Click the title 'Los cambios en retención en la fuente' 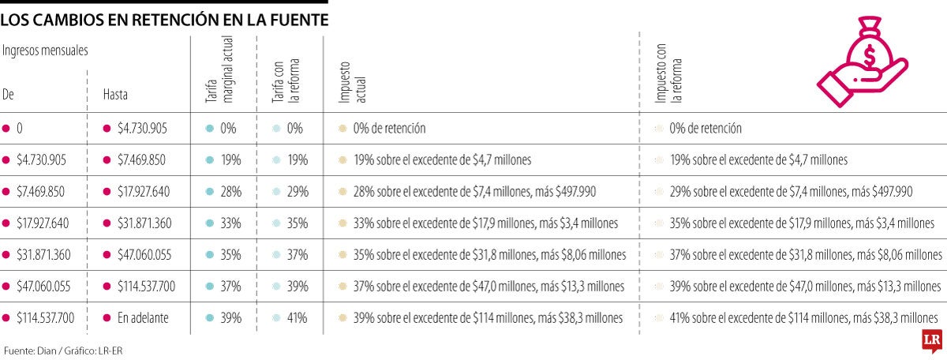click(x=164, y=21)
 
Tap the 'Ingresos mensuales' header click(x=45, y=50)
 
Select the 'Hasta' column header click(x=115, y=94)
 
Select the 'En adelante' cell click(x=141, y=317)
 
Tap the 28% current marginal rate click(x=230, y=191)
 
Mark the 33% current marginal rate click(x=230, y=223)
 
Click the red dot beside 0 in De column click(x=6, y=128)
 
